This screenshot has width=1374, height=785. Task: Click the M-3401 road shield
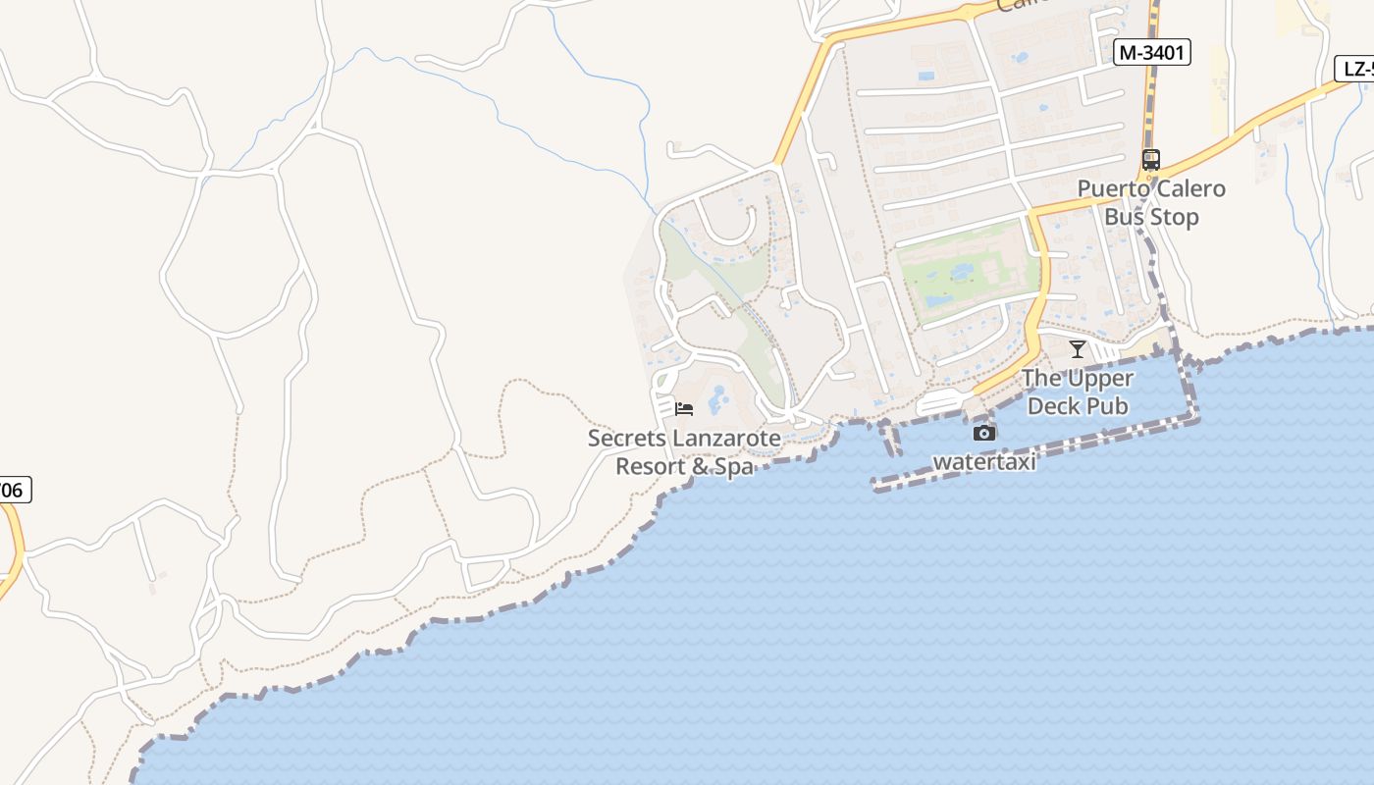[x=1151, y=53]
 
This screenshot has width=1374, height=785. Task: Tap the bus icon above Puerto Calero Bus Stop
[x=1150, y=159]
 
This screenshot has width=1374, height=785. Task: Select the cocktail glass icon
[x=1078, y=348]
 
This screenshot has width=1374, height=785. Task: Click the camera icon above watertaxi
[x=983, y=433]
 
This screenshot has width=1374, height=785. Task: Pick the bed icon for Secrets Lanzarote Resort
[x=684, y=408]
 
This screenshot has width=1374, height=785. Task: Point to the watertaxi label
[x=983, y=461]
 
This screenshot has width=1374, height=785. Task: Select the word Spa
[x=733, y=466]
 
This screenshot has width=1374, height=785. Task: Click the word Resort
[x=650, y=466]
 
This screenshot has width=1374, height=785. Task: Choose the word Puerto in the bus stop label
[x=1113, y=188]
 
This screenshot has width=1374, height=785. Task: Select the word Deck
[x=1054, y=405]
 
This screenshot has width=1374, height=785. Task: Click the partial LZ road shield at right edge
[x=1355, y=69]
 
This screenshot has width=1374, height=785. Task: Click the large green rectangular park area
[x=967, y=272]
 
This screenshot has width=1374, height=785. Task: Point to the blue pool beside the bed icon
[x=718, y=398]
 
